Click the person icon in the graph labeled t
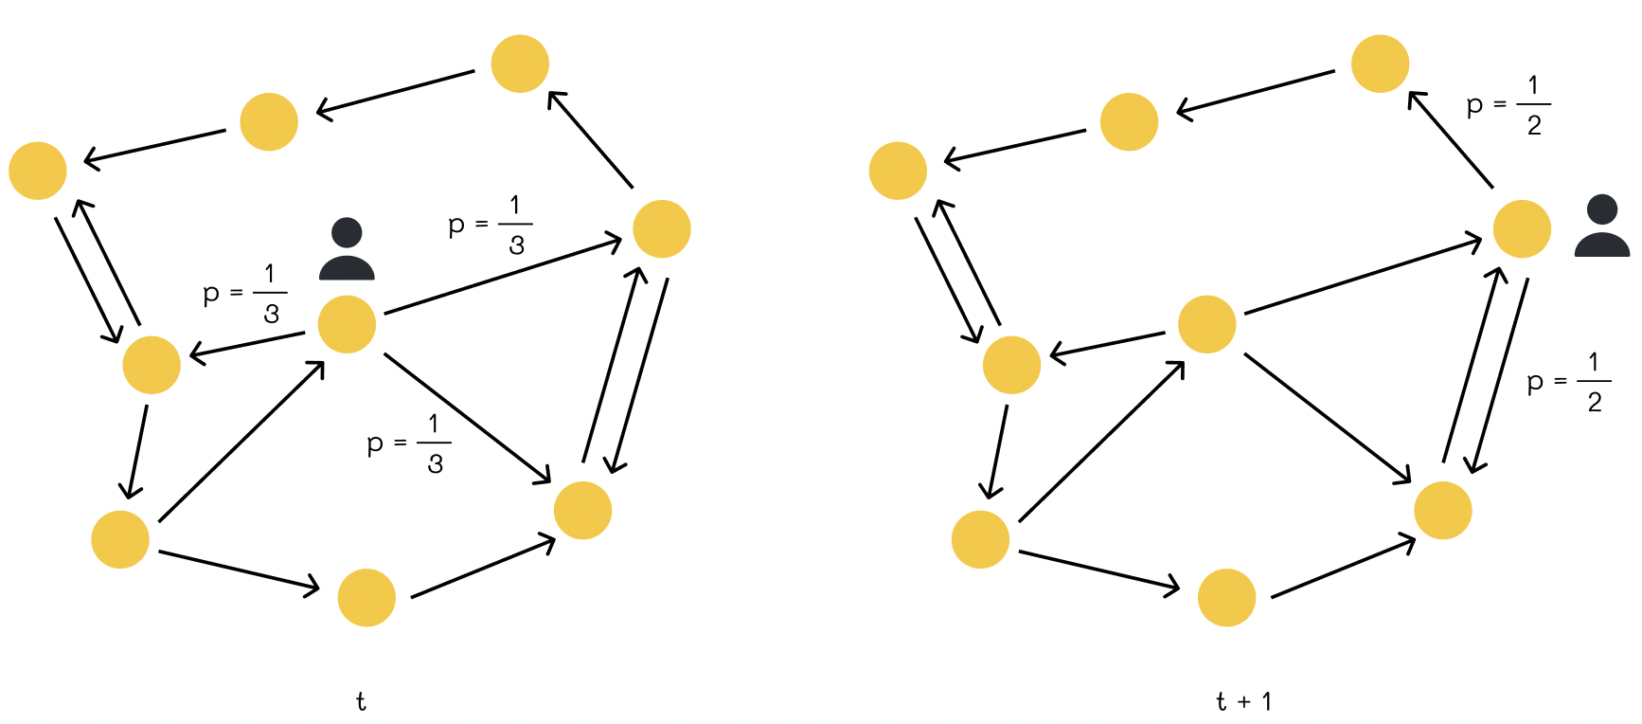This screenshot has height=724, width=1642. click(347, 248)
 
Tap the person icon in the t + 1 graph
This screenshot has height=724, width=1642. click(1602, 226)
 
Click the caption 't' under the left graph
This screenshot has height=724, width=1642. click(361, 701)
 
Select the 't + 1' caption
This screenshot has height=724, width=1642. click(1244, 701)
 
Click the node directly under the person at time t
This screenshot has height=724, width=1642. click(348, 324)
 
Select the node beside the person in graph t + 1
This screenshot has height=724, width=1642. click(1522, 228)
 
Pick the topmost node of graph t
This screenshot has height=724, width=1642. click(520, 63)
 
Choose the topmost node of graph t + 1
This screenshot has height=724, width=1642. click(1380, 63)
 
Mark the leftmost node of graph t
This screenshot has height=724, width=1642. click(38, 171)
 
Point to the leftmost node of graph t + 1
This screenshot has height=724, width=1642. click(898, 171)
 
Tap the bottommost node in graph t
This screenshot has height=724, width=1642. click(366, 597)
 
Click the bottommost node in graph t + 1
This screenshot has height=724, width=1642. click(1226, 597)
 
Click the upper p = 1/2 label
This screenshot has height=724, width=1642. click(1508, 105)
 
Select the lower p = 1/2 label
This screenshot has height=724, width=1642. click(1569, 382)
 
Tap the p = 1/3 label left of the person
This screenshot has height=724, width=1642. click(245, 294)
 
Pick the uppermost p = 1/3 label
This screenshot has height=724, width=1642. click(491, 225)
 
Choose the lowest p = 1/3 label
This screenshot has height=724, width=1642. click(409, 443)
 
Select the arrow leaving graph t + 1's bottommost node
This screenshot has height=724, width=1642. click(1344, 567)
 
